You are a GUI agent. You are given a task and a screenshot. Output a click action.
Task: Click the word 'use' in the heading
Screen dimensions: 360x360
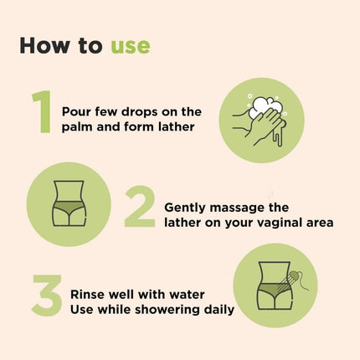pos(130,45)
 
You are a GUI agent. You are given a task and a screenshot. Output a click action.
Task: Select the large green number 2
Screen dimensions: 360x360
pos(139,207)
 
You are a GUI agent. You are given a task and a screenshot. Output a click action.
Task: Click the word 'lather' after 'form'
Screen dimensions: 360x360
pos(177,126)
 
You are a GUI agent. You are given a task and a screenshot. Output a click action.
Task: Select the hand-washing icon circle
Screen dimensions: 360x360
pos(260,120)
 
